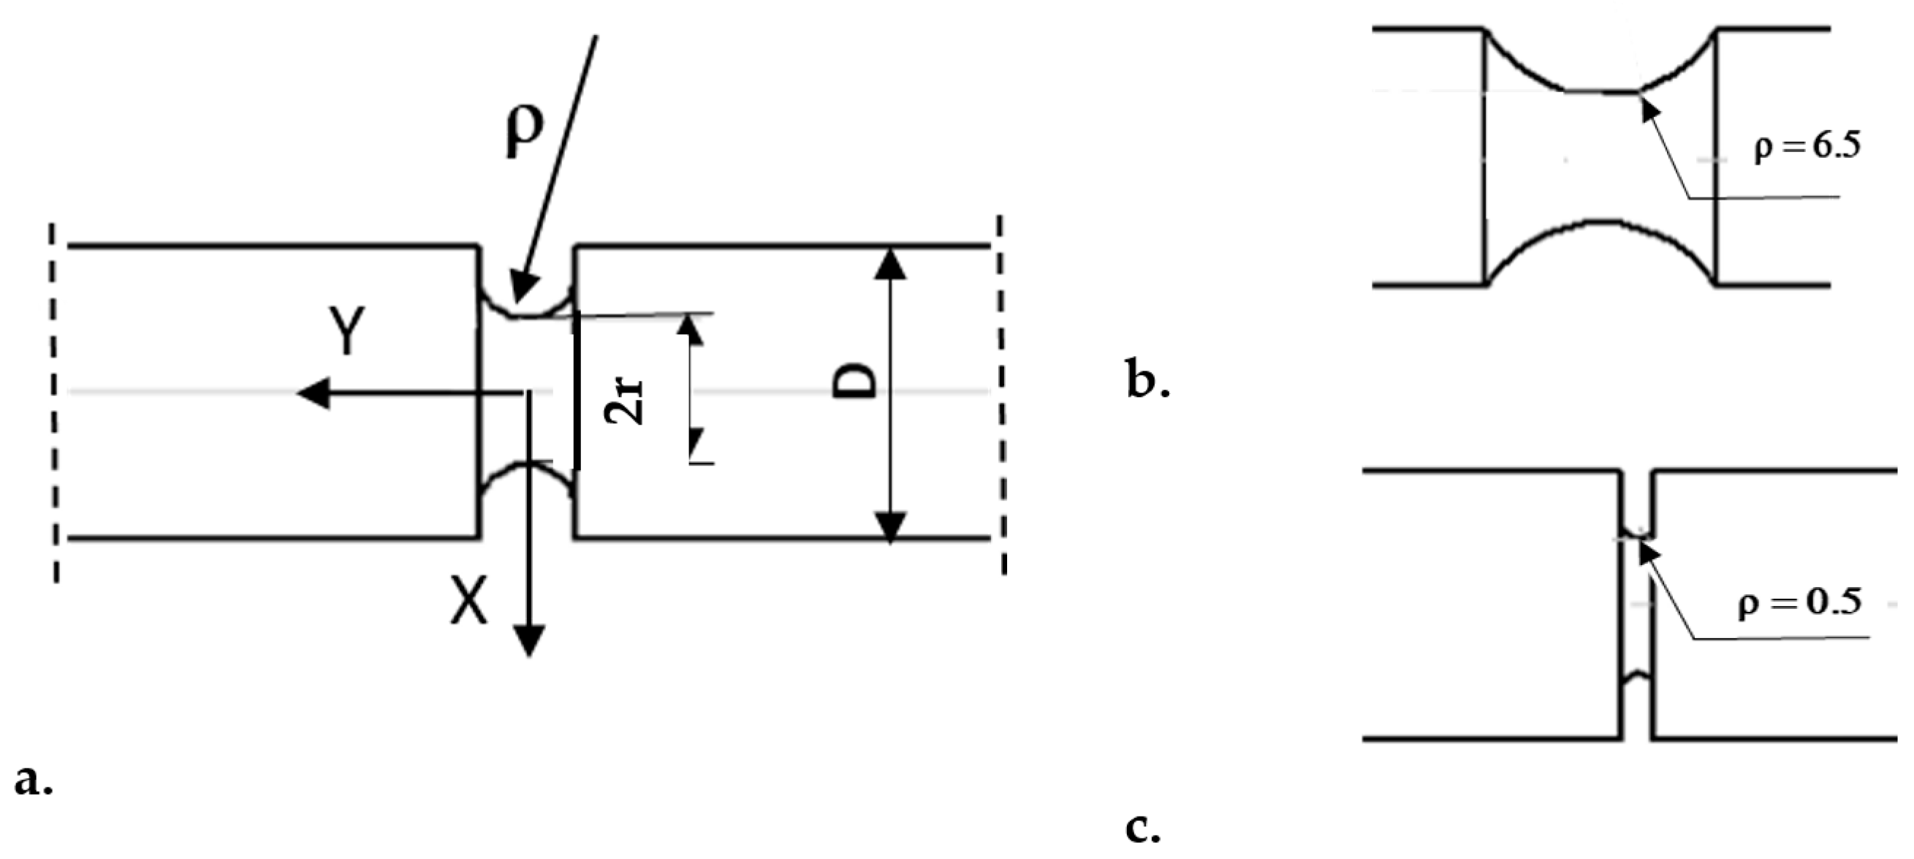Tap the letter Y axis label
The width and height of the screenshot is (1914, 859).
pos(346,331)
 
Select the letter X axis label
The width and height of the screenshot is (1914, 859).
pos(470,602)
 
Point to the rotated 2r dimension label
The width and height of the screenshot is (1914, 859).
pos(624,402)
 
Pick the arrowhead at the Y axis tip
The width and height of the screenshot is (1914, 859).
pos(312,393)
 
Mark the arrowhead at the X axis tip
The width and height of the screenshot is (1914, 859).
pos(528,640)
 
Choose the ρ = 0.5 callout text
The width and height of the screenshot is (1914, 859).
pos(1800,601)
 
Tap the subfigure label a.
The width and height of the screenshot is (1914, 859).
pos(34,780)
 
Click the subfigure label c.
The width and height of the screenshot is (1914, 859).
pos(1143,828)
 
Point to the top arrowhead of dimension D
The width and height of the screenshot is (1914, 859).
pos(889,263)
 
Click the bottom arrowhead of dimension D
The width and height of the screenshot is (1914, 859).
pos(889,527)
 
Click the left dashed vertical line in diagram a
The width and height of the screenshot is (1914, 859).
pos(54,401)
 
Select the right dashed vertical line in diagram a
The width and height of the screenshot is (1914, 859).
pos(1002,394)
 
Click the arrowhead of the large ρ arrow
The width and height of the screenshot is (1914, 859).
pos(525,286)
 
